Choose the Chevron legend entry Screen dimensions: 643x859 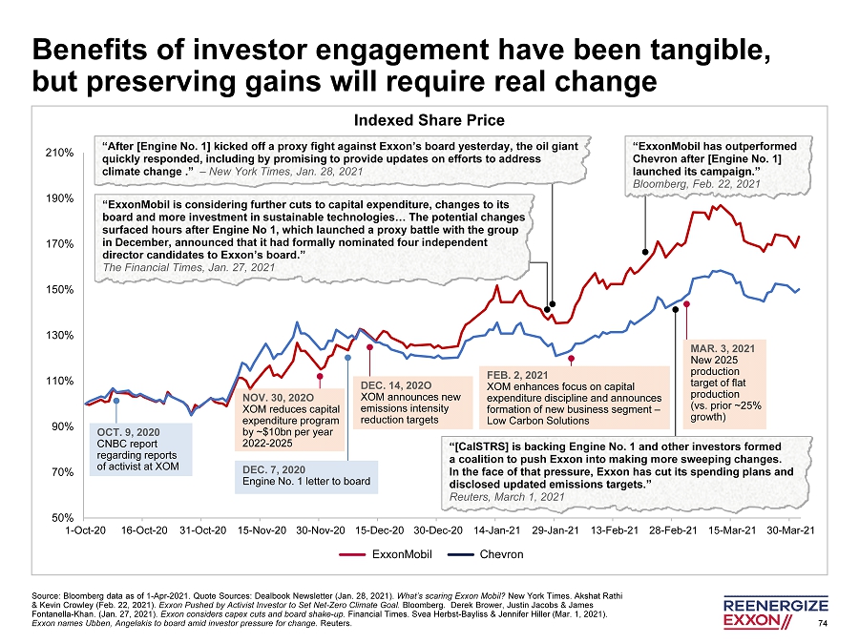pyautogui.click(x=501, y=554)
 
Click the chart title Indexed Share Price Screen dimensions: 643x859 pyautogui.click(x=429, y=120)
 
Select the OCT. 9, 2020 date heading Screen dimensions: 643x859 pyautogui.click(x=128, y=432)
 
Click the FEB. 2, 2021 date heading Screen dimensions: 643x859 pyautogui.click(x=517, y=375)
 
